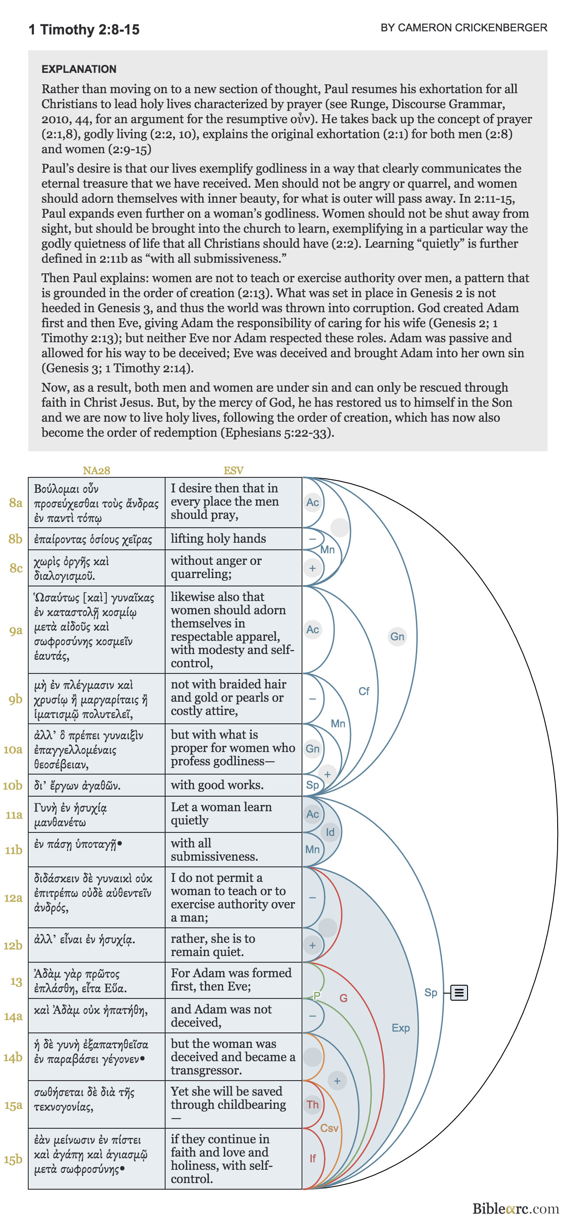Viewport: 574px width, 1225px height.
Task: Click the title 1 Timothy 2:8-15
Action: tap(84, 30)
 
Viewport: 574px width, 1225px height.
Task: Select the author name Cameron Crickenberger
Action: tap(463, 27)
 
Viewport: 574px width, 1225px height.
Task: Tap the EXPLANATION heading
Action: tap(79, 69)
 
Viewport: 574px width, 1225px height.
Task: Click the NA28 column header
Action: tap(96, 470)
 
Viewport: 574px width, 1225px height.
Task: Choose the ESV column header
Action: tap(233, 470)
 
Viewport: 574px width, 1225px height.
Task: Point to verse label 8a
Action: tap(16, 503)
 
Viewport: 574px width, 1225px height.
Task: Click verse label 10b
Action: tap(13, 785)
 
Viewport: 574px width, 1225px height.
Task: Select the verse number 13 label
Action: tap(16, 981)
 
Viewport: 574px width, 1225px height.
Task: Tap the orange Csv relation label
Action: tap(329, 1127)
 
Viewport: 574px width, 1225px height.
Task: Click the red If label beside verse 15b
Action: tap(313, 1158)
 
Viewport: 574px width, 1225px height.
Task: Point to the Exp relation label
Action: tap(400, 1028)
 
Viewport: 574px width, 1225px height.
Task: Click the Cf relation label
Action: tap(363, 691)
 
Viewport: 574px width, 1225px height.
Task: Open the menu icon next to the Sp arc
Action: tap(458, 992)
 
